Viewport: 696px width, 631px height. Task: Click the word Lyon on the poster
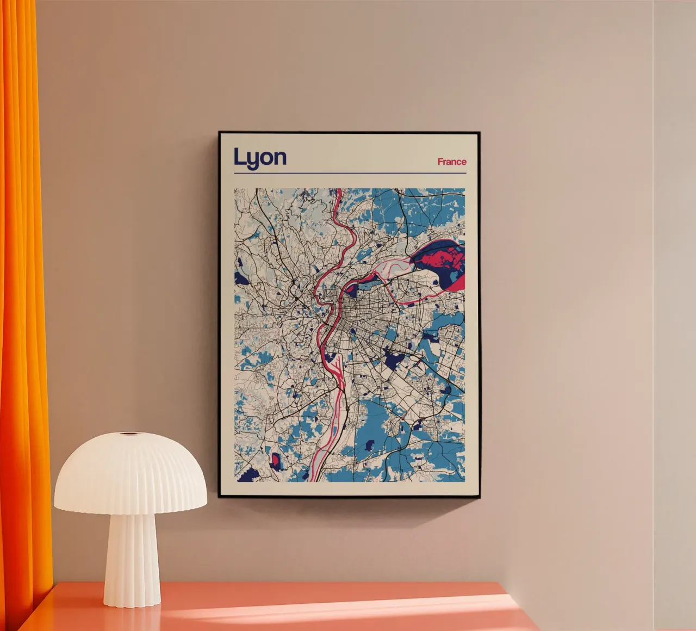coord(260,157)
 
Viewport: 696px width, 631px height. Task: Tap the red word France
coord(452,162)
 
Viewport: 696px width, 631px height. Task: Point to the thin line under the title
coord(350,174)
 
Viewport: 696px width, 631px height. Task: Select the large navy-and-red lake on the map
coord(442,264)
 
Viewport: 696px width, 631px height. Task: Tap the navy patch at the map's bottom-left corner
coord(247,475)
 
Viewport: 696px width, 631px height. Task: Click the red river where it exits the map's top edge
coord(338,191)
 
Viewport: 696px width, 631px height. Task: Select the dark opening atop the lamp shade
coord(129,434)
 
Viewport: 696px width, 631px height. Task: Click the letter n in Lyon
coord(278,158)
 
